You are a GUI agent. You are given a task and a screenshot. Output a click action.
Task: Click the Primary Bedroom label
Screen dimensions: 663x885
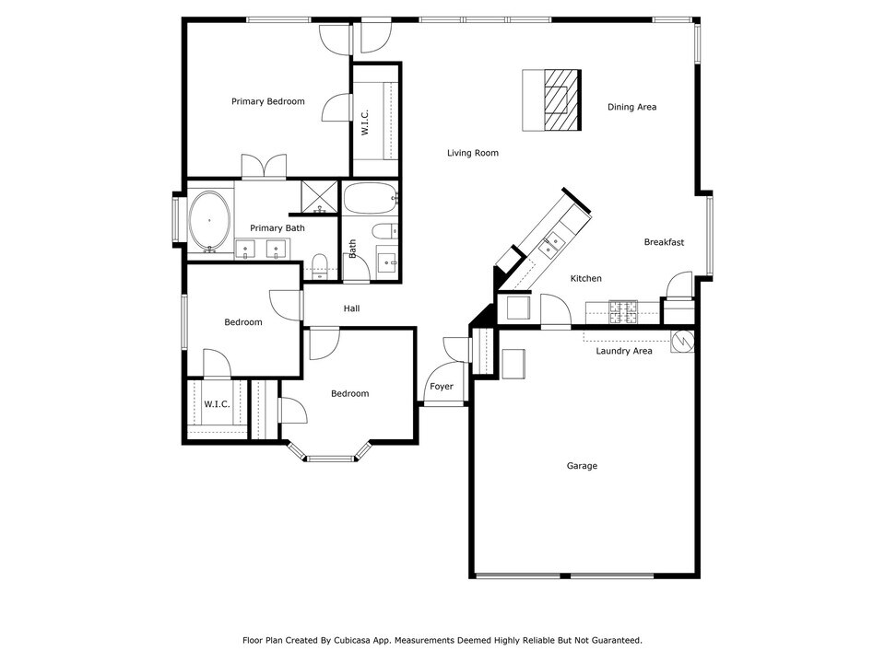(267, 101)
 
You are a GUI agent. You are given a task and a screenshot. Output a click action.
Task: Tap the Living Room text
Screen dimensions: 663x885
(473, 153)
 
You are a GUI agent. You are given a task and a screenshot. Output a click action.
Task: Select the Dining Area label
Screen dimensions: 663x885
(631, 107)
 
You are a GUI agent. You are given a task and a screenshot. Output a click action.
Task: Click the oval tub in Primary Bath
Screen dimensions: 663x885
(211, 221)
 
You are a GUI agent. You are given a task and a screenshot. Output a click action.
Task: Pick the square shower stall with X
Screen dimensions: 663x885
(320, 197)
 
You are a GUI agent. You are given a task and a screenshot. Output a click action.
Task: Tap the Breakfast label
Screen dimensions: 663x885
(664, 242)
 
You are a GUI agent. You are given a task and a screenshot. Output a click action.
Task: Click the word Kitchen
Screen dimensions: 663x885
(585, 278)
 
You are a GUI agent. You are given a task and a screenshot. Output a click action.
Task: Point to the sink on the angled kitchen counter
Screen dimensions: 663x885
(551, 244)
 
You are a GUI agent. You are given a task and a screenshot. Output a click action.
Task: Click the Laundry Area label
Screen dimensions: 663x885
(623, 351)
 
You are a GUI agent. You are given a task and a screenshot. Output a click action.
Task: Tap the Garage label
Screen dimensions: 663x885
(582, 466)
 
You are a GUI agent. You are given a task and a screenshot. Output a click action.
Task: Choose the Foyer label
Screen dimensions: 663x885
(442, 387)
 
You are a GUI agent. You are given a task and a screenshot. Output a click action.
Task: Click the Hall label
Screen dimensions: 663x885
(351, 308)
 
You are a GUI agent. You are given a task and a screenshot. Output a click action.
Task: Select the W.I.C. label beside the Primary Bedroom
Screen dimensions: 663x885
(365, 123)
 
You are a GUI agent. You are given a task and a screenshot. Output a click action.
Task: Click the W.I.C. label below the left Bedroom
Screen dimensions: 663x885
(217, 404)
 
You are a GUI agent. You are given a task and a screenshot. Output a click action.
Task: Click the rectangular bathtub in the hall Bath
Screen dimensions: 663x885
(370, 196)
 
